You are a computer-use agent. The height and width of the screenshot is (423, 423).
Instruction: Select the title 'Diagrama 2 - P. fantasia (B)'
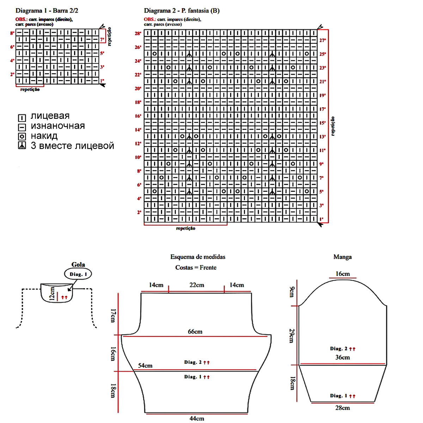click(x=182, y=11)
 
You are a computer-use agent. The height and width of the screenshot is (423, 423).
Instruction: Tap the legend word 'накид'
click(x=44, y=136)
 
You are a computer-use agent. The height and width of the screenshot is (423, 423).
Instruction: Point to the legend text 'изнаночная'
click(x=57, y=126)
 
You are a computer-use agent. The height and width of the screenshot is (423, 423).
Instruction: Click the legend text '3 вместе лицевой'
click(x=72, y=146)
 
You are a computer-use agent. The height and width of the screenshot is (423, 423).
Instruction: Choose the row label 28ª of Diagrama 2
click(x=138, y=33)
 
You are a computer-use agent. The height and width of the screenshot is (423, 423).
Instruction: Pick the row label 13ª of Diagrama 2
click(x=322, y=137)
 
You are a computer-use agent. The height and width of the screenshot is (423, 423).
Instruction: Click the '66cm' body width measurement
click(x=195, y=332)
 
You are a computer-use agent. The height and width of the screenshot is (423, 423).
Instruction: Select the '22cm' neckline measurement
click(x=196, y=285)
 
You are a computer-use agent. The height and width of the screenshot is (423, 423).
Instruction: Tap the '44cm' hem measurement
click(x=197, y=418)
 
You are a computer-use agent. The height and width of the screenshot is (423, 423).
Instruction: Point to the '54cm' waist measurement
click(x=145, y=366)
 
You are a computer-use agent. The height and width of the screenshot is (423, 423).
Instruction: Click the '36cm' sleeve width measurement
click(x=342, y=357)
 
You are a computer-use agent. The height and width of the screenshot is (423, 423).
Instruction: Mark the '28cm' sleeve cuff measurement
click(x=342, y=408)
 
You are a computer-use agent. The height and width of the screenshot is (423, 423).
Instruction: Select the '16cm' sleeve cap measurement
click(x=342, y=274)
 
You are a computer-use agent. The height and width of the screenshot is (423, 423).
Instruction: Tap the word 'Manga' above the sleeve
click(x=342, y=257)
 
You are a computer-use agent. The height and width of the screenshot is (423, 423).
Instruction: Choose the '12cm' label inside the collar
click(x=52, y=293)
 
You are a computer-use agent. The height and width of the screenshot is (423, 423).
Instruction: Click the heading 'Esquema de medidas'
click(x=198, y=257)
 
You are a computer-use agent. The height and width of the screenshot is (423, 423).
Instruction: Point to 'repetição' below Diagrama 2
click(x=185, y=228)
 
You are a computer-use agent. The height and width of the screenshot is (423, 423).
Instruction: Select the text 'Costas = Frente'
click(x=196, y=268)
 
